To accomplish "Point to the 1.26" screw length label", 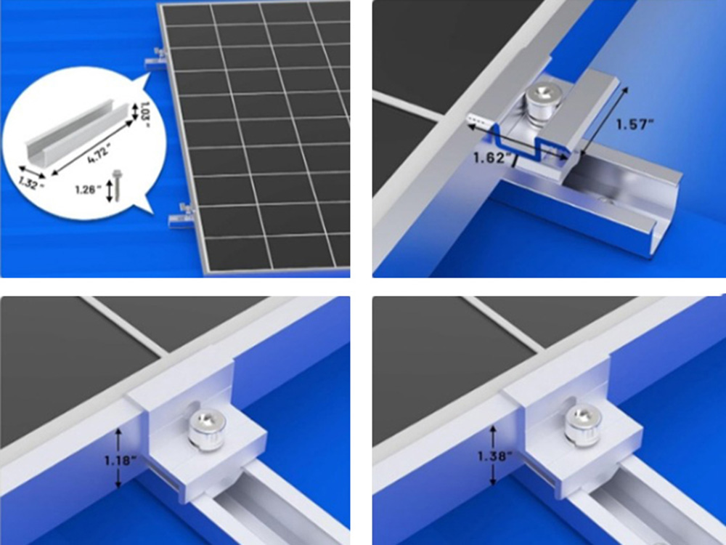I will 88,191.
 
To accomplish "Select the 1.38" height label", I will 492,456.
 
